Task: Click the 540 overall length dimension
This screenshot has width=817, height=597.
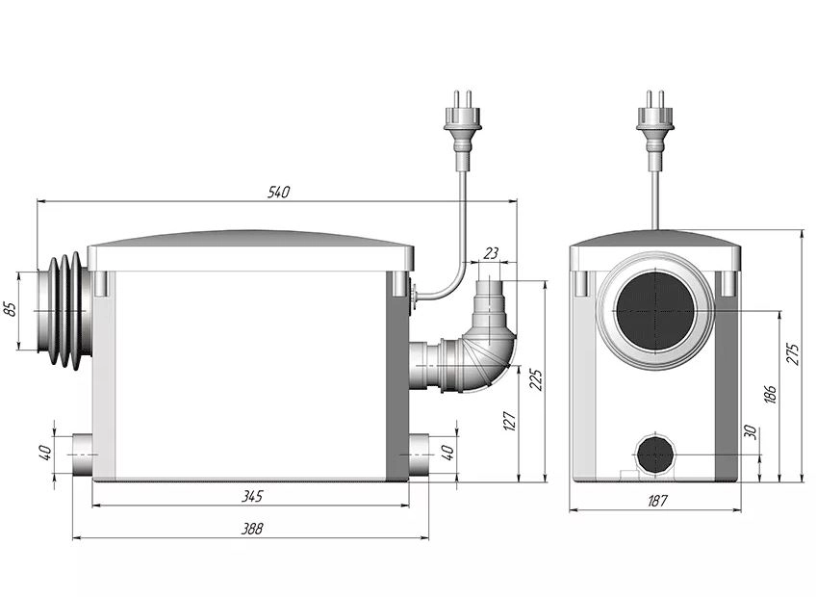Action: pyautogui.click(x=278, y=192)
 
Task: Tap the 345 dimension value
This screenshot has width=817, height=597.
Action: pyautogui.click(x=252, y=496)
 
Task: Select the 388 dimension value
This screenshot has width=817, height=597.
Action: pyautogui.click(x=252, y=529)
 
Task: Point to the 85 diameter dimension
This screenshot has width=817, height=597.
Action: pyautogui.click(x=10, y=309)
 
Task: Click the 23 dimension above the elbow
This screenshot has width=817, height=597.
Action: pyautogui.click(x=491, y=253)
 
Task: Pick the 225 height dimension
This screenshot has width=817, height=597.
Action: pyautogui.click(x=536, y=379)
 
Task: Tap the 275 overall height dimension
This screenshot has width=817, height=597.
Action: pyautogui.click(x=792, y=354)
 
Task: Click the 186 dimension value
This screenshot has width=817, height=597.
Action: pyautogui.click(x=771, y=394)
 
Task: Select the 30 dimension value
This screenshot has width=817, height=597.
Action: pyautogui.click(x=751, y=432)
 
